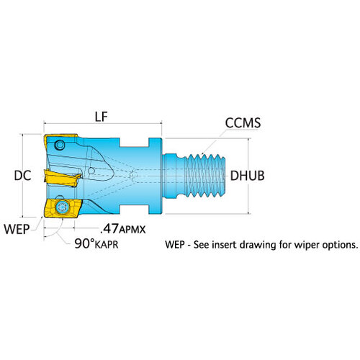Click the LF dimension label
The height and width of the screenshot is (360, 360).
click(102, 117)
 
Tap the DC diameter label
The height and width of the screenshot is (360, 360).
click(22, 176)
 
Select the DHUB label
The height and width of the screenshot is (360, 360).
click(248, 176)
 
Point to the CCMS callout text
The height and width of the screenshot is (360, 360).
click(243, 122)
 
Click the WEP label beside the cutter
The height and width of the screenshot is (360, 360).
click(17, 229)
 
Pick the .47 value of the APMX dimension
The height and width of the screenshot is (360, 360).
click(109, 228)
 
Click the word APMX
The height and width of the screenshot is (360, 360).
click(132, 230)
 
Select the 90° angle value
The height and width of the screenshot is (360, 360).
click(84, 243)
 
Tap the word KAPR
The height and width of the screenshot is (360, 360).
click(107, 245)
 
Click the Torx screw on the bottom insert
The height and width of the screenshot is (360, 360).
click(63, 207)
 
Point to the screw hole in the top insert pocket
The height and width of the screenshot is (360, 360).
click(60, 145)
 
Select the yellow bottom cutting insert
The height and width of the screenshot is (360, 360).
click(63, 208)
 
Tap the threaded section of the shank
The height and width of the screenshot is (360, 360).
click(205, 176)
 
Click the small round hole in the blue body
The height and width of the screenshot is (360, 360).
click(91, 171)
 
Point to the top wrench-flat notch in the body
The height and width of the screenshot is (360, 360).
click(135, 143)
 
